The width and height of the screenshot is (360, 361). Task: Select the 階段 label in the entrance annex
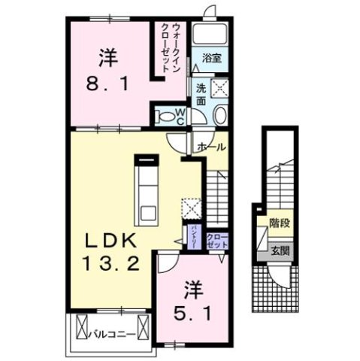(x=280, y=223)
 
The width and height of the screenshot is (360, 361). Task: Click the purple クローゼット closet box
(x=216, y=240)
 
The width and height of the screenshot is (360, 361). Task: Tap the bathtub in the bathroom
(x=210, y=33)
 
